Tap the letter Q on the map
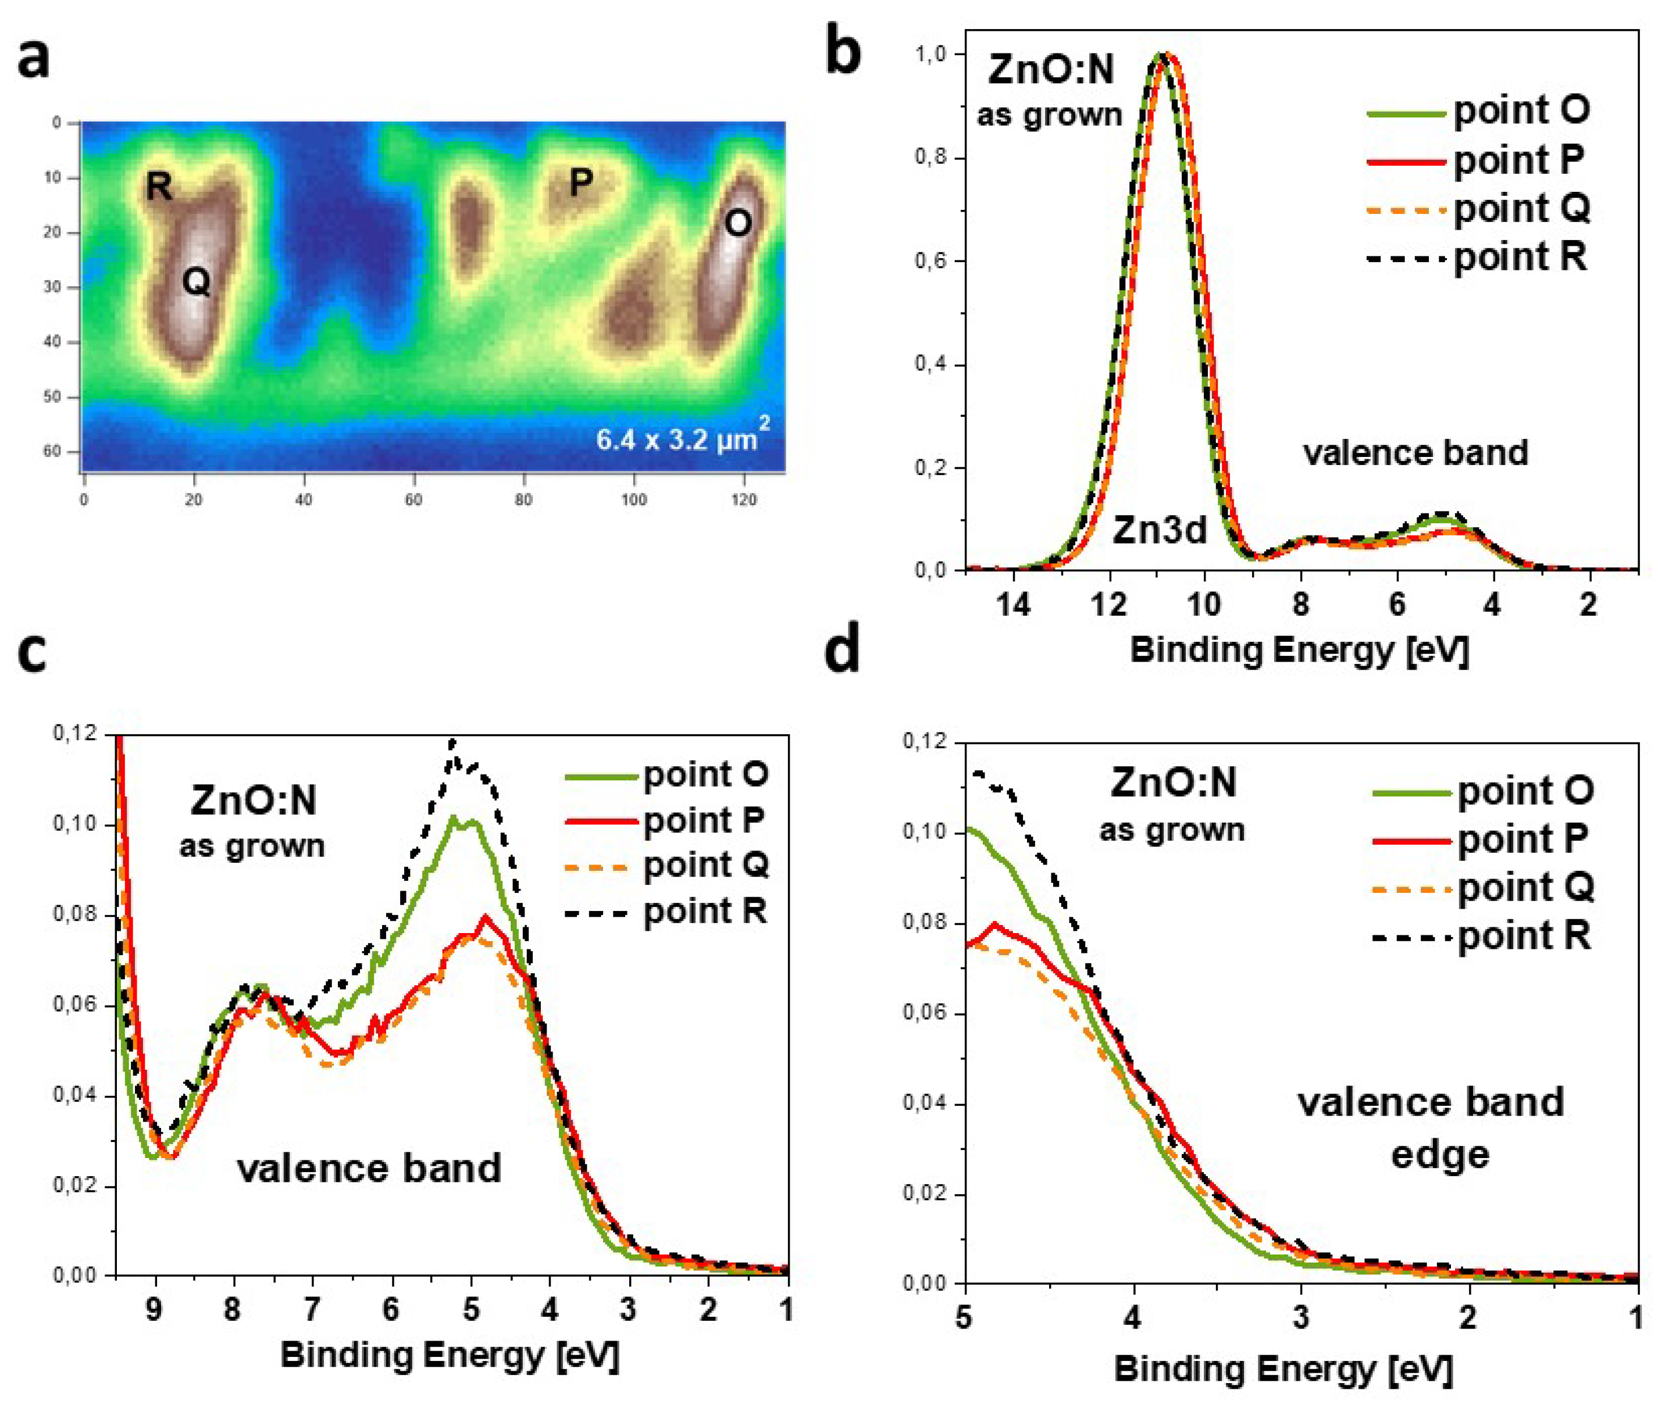[196, 281]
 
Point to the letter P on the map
[581, 183]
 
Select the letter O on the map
[737, 224]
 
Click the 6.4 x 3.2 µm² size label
[682, 437]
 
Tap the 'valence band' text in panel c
[369, 1169]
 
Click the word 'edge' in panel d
[1439, 1154]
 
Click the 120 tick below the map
[743, 500]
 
